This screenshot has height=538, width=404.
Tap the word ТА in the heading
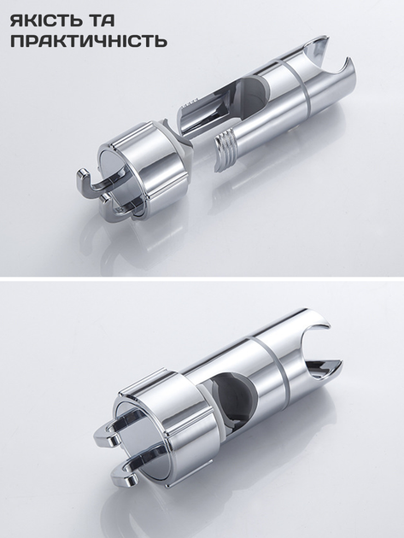coord(103,21)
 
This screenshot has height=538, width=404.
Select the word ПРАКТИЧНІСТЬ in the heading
coord(89,41)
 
